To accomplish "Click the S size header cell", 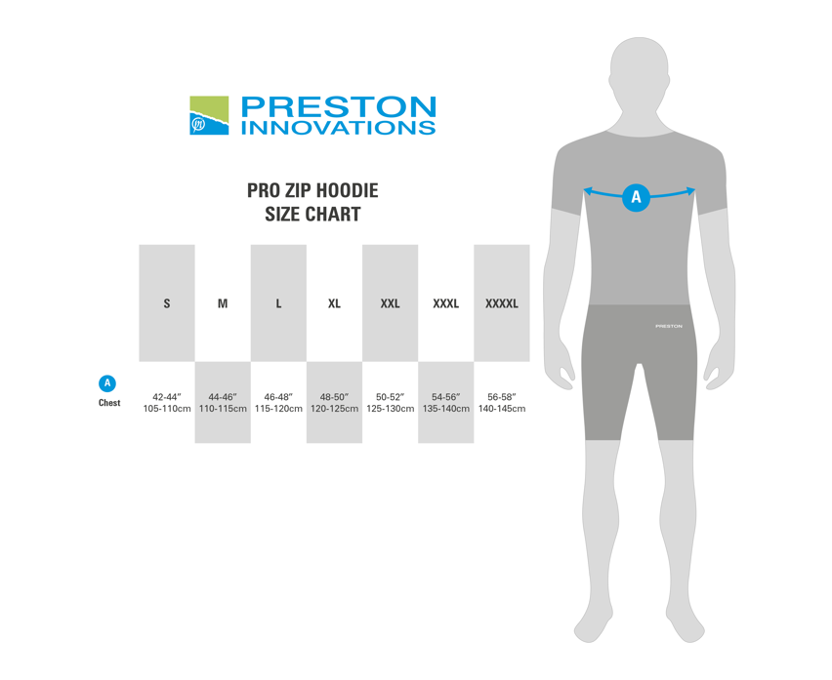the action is pos(167,303).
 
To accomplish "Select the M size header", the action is pos(223,303).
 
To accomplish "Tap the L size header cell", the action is pos(278,303).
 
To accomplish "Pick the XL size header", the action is pos(334,303).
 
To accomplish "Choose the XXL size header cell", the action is pos(390,303).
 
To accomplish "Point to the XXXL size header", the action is pos(445,303).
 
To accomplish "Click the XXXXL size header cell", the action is pos(502,303).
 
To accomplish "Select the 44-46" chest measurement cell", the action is pos(223,402).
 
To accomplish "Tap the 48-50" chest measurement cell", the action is pos(334,402).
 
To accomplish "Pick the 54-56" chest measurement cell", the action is pos(445,402).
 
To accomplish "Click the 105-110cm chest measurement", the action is pos(166,409).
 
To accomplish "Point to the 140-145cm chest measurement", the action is pos(502,409).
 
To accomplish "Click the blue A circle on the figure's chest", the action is pos(637,197).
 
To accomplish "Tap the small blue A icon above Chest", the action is pos(108,383).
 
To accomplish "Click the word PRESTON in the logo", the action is pos(338,106).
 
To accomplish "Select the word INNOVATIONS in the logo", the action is pos(338,127).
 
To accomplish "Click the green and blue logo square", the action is pos(209,115).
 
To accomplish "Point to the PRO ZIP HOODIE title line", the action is pos(312,191).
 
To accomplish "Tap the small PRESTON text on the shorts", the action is pos(669,326).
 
